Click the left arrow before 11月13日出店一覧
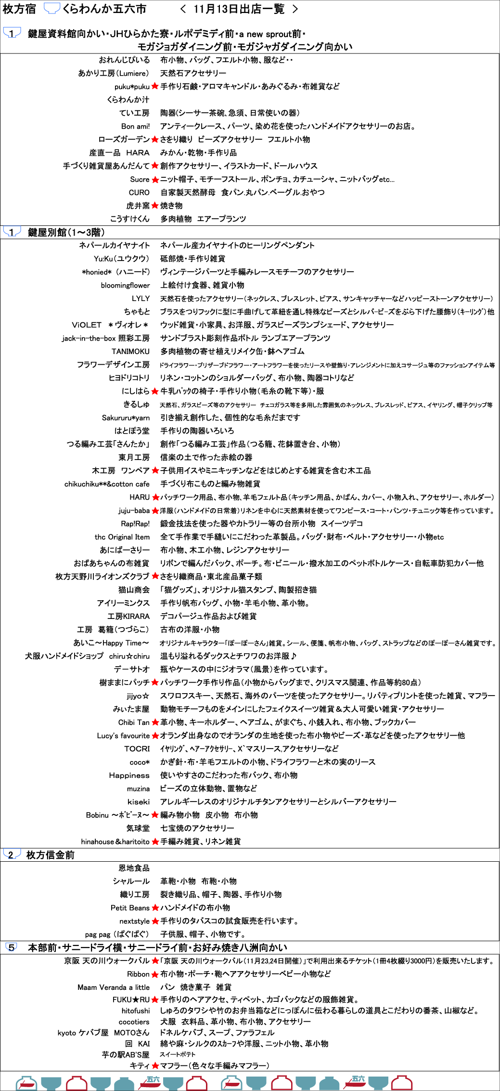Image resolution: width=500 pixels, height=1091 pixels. pos(183,9)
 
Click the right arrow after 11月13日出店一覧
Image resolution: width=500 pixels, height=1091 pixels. pos(295,9)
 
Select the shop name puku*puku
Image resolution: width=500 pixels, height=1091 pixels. pos(132,87)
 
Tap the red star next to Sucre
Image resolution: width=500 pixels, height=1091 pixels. pos(155,180)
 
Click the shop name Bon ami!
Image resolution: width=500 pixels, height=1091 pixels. pos(135,126)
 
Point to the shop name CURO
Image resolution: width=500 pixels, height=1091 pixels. pos(139,193)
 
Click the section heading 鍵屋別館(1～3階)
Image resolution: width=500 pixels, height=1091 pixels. pos(66,232)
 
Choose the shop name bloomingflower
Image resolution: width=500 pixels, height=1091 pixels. pos(125,285)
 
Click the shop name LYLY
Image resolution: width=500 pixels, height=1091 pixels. pos(141,299)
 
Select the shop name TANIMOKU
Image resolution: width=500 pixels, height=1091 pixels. pos(130,352)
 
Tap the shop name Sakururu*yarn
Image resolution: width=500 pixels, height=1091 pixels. pos(126,418)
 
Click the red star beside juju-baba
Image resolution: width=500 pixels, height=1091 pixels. pos(155,511)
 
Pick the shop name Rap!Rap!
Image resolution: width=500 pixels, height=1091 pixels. pos(135,524)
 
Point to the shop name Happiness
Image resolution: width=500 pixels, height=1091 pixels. pos(129,776)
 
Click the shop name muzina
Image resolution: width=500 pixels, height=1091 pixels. pos(138,789)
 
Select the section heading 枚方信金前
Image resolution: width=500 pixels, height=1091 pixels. pos(50,855)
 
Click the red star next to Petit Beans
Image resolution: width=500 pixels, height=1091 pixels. pos(155,908)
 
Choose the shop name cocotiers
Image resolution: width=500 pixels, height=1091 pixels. pos(134,1022)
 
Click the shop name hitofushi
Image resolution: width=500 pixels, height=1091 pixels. pos(135,1011)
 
